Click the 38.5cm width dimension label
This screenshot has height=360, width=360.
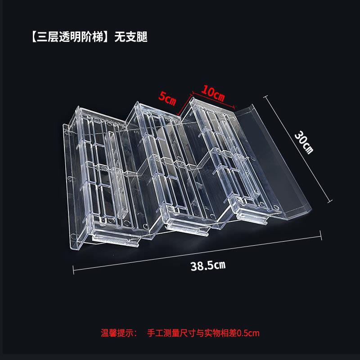point(208,265)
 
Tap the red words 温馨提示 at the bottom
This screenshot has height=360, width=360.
point(117,333)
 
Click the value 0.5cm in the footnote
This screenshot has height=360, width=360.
point(248,333)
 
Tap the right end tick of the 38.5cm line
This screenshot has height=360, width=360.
point(321,233)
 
